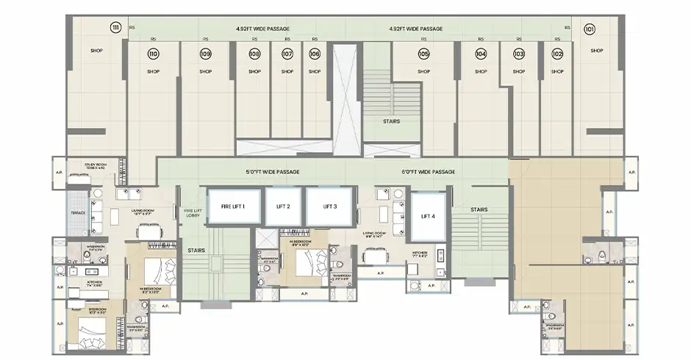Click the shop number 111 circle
(115, 28)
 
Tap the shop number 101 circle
(590, 30)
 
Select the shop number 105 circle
(423, 54)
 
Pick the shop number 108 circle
(254, 54)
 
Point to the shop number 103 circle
(519, 54)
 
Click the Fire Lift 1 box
(233, 206)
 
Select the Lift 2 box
(283, 206)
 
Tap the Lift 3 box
(329, 206)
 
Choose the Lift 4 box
(429, 216)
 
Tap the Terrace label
(78, 213)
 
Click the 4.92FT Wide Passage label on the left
(262, 29)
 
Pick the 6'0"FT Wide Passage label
(429, 172)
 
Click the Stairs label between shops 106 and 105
(392, 121)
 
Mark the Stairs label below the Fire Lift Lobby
(196, 250)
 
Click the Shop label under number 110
(153, 72)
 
